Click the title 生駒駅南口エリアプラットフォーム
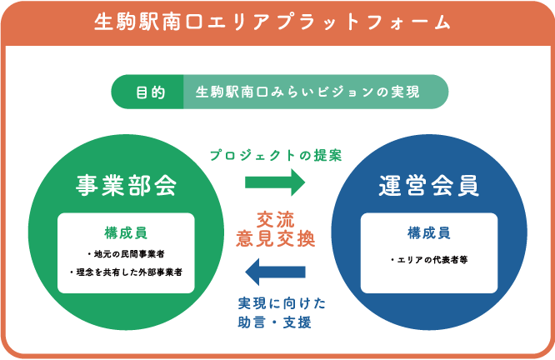tap(272, 22)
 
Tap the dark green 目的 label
tap(151, 92)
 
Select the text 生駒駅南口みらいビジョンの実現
tap(307, 92)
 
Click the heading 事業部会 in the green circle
tap(126, 185)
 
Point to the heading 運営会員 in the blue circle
tap(429, 186)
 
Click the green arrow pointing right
tap(275, 182)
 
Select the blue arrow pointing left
tap(275, 272)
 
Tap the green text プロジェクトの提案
tap(276, 155)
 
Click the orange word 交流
tap(275, 220)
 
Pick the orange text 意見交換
tap(275, 238)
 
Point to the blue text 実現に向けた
tap(282, 303)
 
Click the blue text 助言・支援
tap(275, 322)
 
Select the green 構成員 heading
tap(126, 233)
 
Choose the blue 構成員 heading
tap(429, 233)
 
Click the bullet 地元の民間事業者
tap(126, 254)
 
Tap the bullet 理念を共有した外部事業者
tap(126, 272)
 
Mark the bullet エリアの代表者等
tap(429, 260)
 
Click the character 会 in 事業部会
tap(166, 185)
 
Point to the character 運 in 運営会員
tap(390, 186)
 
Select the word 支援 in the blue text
tap(297, 322)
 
